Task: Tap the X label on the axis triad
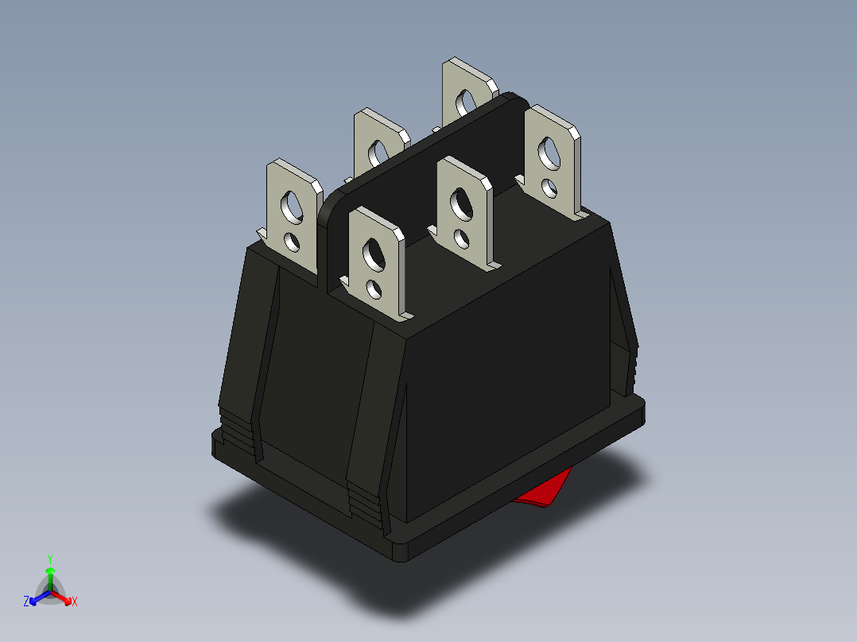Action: (75, 601)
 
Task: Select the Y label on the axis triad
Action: (50, 559)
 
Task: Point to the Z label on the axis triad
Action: (26, 601)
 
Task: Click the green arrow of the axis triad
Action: (50, 574)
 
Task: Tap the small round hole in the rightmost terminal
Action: (549, 188)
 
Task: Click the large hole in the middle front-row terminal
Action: (460, 203)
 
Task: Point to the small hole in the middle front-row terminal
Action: (461, 236)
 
